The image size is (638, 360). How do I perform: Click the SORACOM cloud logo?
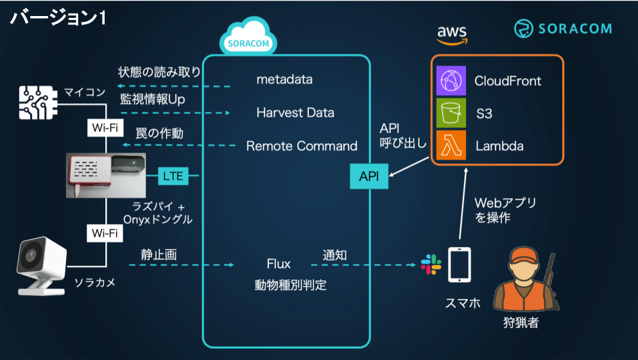(248, 37)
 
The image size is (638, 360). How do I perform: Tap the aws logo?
(452, 35)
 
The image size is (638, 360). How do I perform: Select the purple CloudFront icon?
(451, 81)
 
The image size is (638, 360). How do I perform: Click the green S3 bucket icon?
(451, 113)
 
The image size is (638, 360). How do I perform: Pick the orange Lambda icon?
(451, 145)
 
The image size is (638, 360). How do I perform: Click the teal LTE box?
(173, 176)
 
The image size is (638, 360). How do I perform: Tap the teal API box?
(369, 176)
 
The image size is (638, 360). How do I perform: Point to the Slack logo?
(431, 264)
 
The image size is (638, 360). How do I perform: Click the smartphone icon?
(460, 265)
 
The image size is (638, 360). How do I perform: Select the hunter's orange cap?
(526, 255)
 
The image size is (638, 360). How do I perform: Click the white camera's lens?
(31, 256)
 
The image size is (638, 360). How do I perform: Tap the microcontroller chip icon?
(38, 103)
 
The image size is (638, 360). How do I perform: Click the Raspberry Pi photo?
(106, 175)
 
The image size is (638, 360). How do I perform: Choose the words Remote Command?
(302, 146)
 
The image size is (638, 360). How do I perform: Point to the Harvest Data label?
(295, 113)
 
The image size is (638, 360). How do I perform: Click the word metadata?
(284, 80)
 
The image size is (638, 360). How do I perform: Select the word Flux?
(279, 264)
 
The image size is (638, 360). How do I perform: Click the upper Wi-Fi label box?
(105, 128)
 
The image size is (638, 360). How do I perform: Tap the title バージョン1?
(58, 18)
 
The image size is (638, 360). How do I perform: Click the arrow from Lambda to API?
(410, 166)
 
